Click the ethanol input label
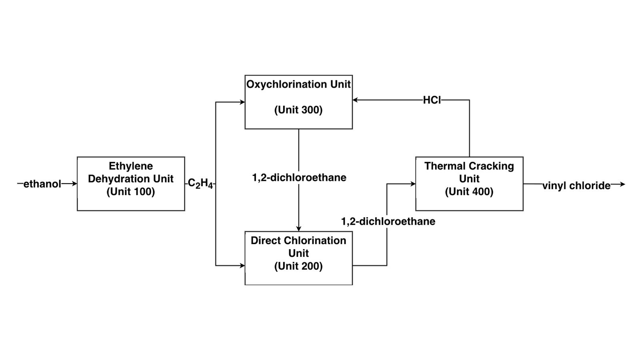pyautogui.click(x=42, y=184)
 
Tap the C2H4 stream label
pyautogui.click(x=200, y=184)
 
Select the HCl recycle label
pyautogui.click(x=432, y=100)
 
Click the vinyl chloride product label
pyautogui.click(x=576, y=186)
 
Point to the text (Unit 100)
pyautogui.click(x=131, y=192)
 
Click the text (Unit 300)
pyautogui.click(x=298, y=110)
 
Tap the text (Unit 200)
pyautogui.click(x=298, y=266)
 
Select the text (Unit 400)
pyautogui.click(x=469, y=192)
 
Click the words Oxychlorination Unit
pyautogui.click(x=298, y=84)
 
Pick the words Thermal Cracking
pyautogui.click(x=469, y=166)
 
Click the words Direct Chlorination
pyautogui.click(x=298, y=240)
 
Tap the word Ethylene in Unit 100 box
pyautogui.click(x=131, y=166)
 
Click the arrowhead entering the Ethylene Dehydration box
pyautogui.click(x=74, y=184)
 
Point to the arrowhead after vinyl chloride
pyautogui.click(x=622, y=184)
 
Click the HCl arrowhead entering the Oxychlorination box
pyautogui.click(x=355, y=100)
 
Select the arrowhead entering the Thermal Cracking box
pyautogui.click(x=413, y=184)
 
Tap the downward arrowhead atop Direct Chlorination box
pyautogui.click(x=299, y=228)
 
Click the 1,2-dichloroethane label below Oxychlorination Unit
pyautogui.click(x=299, y=178)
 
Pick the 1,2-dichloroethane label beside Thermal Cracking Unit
pyautogui.click(x=388, y=221)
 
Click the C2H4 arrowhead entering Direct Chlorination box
pyautogui.click(x=242, y=265)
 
